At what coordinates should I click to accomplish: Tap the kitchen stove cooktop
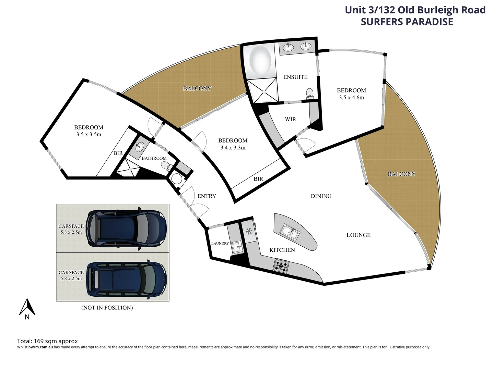click(281, 266)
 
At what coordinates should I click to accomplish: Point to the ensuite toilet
click(310, 93)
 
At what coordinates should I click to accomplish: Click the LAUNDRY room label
click(220, 243)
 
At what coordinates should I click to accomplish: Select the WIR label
click(290, 119)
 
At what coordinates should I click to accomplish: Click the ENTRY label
click(207, 196)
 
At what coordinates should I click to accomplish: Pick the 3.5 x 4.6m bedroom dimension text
click(351, 97)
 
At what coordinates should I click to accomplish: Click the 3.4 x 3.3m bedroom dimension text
click(233, 148)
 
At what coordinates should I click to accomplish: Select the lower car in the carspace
click(126, 277)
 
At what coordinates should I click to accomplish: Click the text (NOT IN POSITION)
click(107, 308)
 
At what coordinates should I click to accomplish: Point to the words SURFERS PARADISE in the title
click(407, 22)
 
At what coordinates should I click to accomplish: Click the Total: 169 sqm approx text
click(47, 341)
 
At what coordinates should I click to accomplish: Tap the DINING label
click(321, 196)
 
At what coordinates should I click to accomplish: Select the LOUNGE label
click(358, 235)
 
